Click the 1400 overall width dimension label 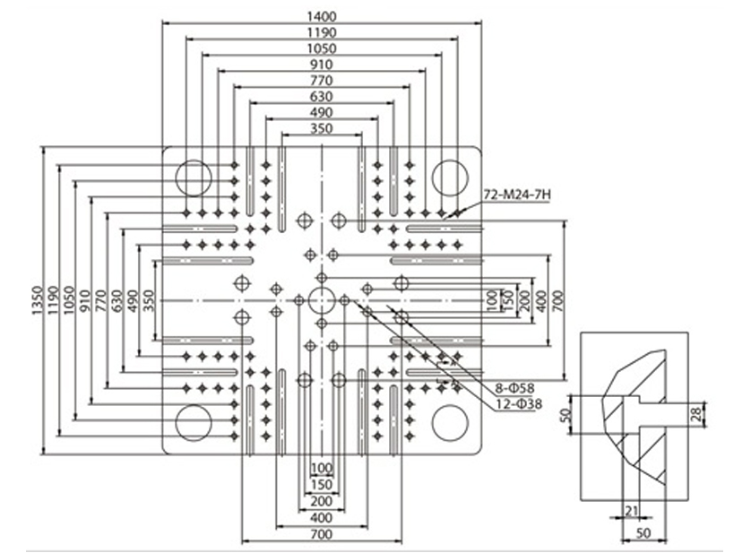(x=322, y=17)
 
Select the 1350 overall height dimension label (x=38, y=300)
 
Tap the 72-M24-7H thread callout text (x=517, y=195)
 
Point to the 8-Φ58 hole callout (x=515, y=388)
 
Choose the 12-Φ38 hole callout (x=519, y=404)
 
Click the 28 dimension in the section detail (x=698, y=413)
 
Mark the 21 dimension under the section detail (x=632, y=511)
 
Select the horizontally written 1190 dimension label (x=322, y=32)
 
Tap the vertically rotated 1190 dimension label (x=53, y=300)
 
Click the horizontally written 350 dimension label (x=322, y=128)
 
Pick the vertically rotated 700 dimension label (x=558, y=301)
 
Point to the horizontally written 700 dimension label (x=322, y=534)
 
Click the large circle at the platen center (x=322, y=300)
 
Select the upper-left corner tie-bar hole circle (x=194, y=178)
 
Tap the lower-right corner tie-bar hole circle (x=450, y=423)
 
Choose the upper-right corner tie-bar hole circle (x=450, y=178)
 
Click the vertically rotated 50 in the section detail (x=565, y=414)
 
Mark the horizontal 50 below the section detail (x=643, y=533)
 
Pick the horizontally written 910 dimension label (x=322, y=65)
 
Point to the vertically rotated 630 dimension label (x=117, y=300)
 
